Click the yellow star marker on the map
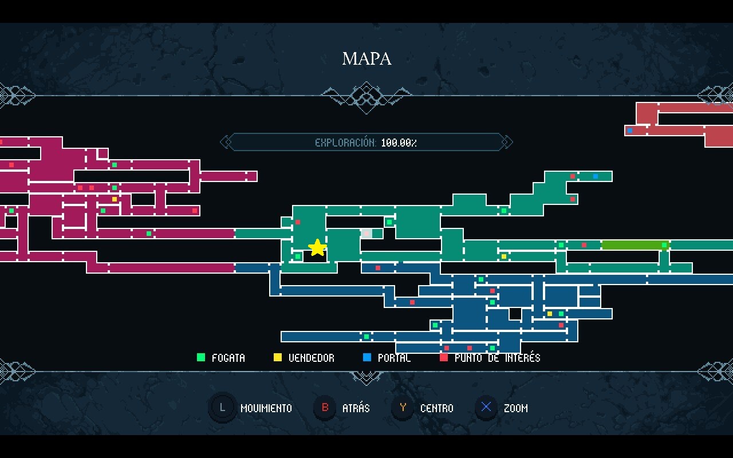(317, 248)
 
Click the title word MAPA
(366, 58)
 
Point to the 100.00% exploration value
(399, 143)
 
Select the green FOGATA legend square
(200, 358)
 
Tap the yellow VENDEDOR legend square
(278, 358)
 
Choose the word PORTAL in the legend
(394, 358)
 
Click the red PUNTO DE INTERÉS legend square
(444, 358)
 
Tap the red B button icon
(325, 408)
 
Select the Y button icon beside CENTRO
(403, 408)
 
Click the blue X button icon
(486, 408)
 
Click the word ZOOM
(515, 409)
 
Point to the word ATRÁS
(356, 409)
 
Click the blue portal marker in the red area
(630, 131)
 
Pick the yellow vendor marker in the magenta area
(115, 199)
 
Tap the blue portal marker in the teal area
(596, 176)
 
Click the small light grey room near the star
(366, 233)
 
